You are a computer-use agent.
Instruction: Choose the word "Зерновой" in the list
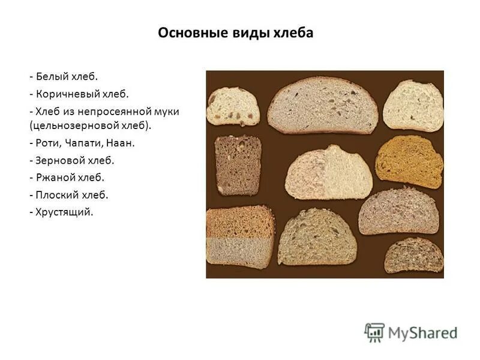62,161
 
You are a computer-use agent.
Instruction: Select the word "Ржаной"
58,178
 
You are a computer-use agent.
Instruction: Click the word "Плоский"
59,195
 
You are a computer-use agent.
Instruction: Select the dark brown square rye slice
238,164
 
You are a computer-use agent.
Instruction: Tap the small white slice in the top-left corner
234,106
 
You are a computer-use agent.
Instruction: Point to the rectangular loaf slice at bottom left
239,237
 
